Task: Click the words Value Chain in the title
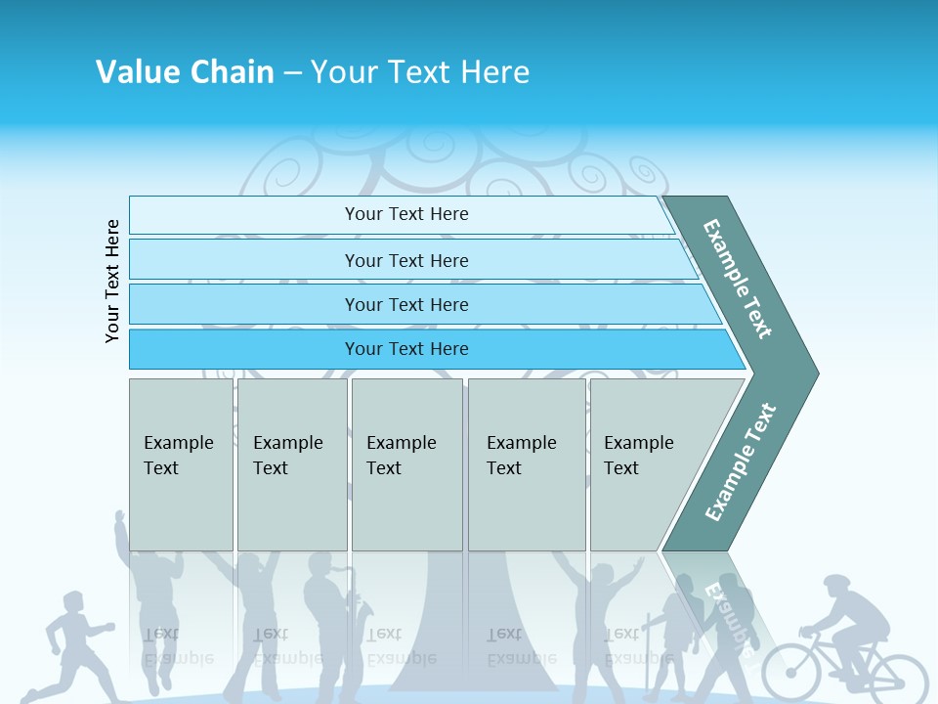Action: click(185, 72)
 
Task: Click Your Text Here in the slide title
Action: click(420, 72)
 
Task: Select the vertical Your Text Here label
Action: click(113, 281)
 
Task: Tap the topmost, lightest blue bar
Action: click(406, 214)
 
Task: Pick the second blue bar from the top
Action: click(406, 260)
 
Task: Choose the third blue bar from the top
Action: click(406, 304)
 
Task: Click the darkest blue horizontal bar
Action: click(406, 349)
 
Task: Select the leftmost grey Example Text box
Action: click(181, 463)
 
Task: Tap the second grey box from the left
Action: click(291, 463)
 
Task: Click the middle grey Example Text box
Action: click(406, 463)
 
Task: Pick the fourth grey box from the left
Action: click(527, 463)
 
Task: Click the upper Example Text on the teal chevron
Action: click(738, 279)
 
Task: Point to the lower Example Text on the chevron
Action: click(741, 462)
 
